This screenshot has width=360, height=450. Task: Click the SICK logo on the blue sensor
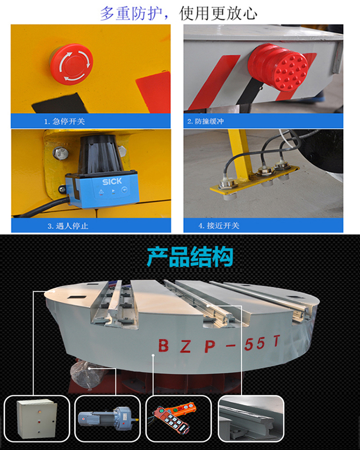(112, 181)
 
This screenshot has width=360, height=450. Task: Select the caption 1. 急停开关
(64, 121)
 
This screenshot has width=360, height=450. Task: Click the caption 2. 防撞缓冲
(205, 121)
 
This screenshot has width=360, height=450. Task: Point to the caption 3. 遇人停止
(68, 226)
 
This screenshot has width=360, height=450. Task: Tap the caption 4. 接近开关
(219, 226)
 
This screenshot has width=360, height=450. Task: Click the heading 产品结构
(190, 257)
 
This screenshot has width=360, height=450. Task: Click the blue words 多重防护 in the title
(131, 13)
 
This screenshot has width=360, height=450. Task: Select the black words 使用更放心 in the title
(218, 13)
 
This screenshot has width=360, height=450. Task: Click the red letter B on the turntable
(164, 345)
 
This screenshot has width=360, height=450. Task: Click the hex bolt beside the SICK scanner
(60, 153)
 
